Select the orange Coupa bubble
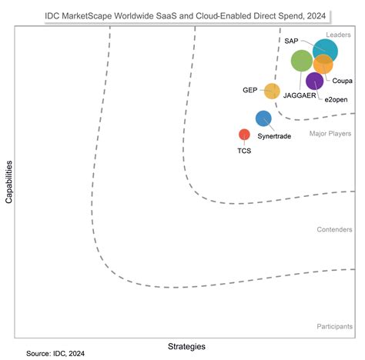point(323,65)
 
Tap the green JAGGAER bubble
point(302,61)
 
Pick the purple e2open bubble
point(315,81)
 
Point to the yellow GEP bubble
point(272,91)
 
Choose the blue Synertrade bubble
point(263,118)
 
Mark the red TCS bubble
point(244,135)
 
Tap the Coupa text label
point(343,80)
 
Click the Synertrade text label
point(274,135)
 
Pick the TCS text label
point(243,150)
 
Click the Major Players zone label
point(331,134)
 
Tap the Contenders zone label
point(335,229)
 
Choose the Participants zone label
point(335,327)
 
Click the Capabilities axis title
point(8,182)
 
